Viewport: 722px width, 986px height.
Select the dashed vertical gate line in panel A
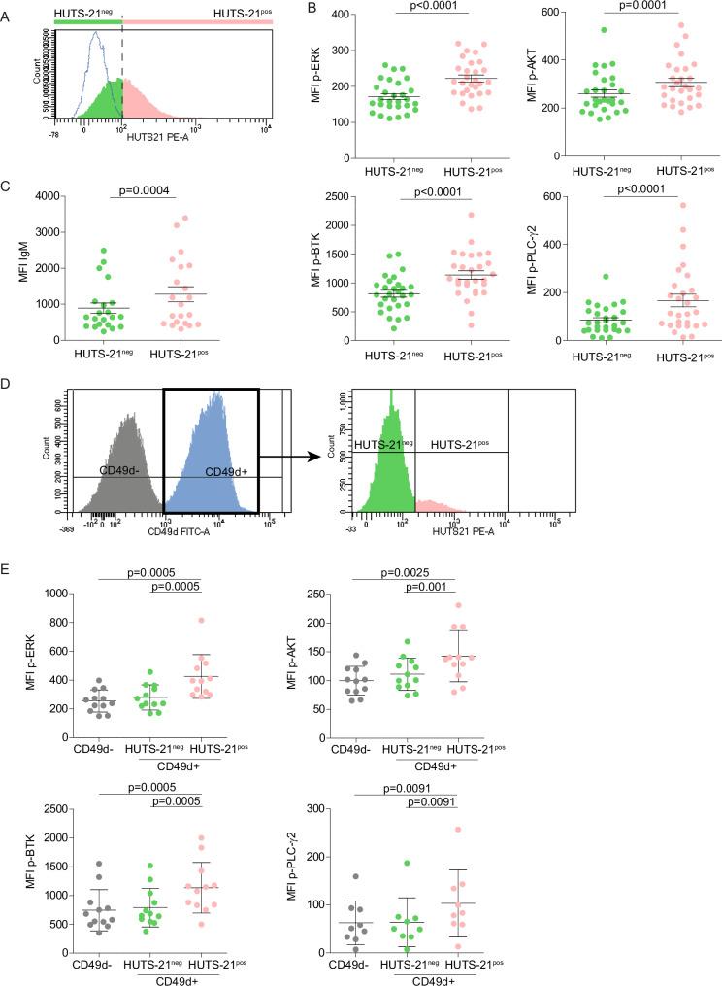121,78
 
